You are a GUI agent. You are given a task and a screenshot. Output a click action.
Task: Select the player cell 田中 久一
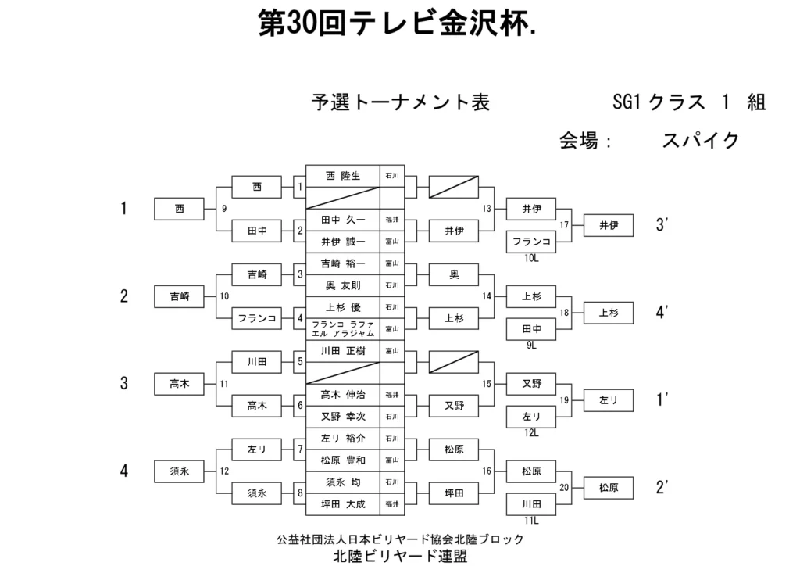tap(342, 220)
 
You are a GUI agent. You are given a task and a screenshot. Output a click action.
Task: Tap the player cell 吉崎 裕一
tap(342, 263)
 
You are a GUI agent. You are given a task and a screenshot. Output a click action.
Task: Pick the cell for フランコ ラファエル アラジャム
tap(342, 328)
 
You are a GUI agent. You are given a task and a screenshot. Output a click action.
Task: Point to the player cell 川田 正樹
tap(342, 351)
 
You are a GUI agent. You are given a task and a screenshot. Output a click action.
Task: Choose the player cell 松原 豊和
tap(342, 460)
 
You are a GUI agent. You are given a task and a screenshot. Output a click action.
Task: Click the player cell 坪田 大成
tap(342, 503)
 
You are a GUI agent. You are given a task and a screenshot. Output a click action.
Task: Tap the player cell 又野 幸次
tap(342, 416)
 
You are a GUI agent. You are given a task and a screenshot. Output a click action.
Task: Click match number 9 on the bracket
tap(224, 209)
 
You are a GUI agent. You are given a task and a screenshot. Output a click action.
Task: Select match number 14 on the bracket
tap(487, 296)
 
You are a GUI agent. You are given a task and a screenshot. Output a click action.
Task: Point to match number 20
tap(564, 486)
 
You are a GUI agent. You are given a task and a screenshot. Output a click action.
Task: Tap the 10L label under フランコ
tap(531, 257)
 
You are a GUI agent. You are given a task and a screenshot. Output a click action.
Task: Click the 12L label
tap(531, 432)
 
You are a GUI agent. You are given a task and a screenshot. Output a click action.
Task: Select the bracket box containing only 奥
tap(454, 274)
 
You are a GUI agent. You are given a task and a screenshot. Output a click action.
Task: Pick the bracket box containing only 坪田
tap(454, 493)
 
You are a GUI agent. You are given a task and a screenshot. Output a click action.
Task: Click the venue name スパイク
tap(700, 141)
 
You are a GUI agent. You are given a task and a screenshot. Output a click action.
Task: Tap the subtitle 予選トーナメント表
tap(400, 102)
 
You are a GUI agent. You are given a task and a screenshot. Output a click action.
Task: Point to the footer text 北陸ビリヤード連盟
tap(400, 557)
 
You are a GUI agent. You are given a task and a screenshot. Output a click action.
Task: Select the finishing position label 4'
tap(662, 313)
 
